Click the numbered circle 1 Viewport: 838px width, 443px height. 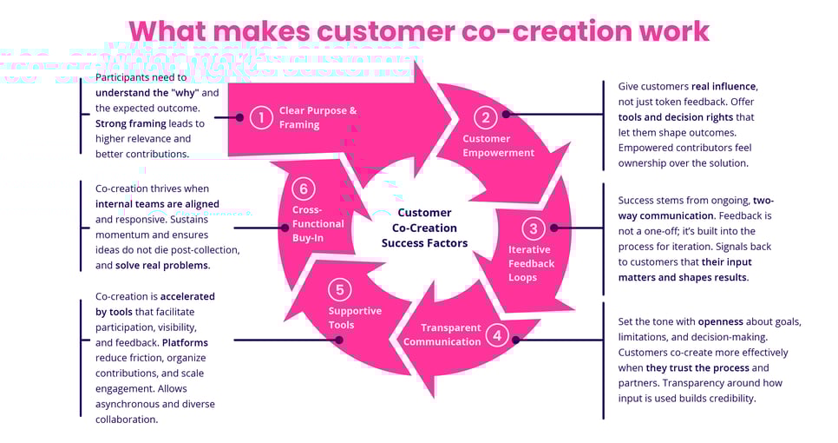tap(261, 117)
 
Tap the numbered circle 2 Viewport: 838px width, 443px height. tap(486, 117)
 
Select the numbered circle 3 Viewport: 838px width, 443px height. tap(534, 228)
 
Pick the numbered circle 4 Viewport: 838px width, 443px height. tap(496, 334)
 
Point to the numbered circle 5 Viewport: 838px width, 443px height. tap(340, 289)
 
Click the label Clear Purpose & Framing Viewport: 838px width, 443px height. tap(318, 117)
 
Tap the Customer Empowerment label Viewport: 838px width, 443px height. tap(498, 146)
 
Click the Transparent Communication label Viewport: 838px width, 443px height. tap(442, 334)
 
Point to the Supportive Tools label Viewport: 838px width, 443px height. tap(354, 318)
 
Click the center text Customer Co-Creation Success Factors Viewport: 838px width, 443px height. tap(424, 228)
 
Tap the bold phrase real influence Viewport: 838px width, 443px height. tap(724, 87)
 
